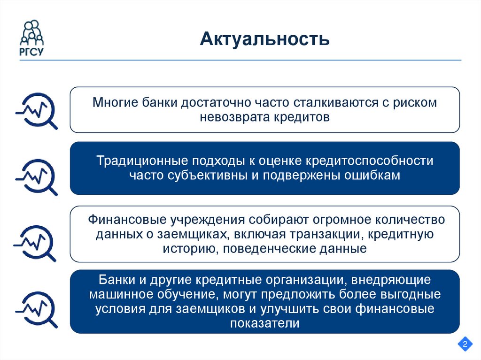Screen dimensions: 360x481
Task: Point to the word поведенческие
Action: click(x=267, y=248)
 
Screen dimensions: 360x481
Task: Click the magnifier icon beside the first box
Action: click(x=37, y=110)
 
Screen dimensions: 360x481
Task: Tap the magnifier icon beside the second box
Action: click(x=37, y=176)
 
